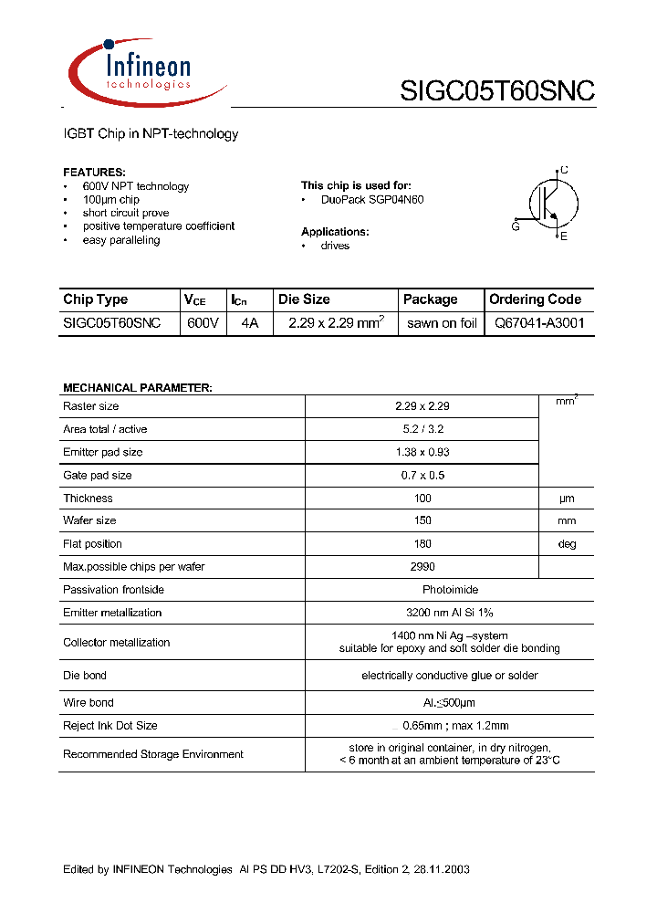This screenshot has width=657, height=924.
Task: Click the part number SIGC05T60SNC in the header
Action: [497, 90]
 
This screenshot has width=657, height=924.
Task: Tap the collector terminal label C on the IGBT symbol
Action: [564, 170]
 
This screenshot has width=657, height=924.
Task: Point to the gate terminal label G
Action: [516, 226]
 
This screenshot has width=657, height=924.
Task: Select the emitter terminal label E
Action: [564, 236]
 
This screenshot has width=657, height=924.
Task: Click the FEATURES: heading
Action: [94, 172]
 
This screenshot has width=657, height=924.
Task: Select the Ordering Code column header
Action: [535, 299]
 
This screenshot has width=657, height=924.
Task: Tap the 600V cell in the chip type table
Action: [202, 323]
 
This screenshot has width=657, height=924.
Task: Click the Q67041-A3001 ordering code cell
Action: [539, 323]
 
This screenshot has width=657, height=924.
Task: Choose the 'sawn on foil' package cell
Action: [442, 323]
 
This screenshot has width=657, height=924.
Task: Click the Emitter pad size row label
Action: [102, 452]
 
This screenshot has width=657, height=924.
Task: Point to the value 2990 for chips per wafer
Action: [422, 567]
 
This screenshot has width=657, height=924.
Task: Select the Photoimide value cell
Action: [450, 590]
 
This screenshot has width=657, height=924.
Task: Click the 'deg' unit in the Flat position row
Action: [567, 544]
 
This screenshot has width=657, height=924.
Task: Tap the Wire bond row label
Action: [89, 703]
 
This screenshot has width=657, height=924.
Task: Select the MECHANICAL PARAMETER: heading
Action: [137, 388]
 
